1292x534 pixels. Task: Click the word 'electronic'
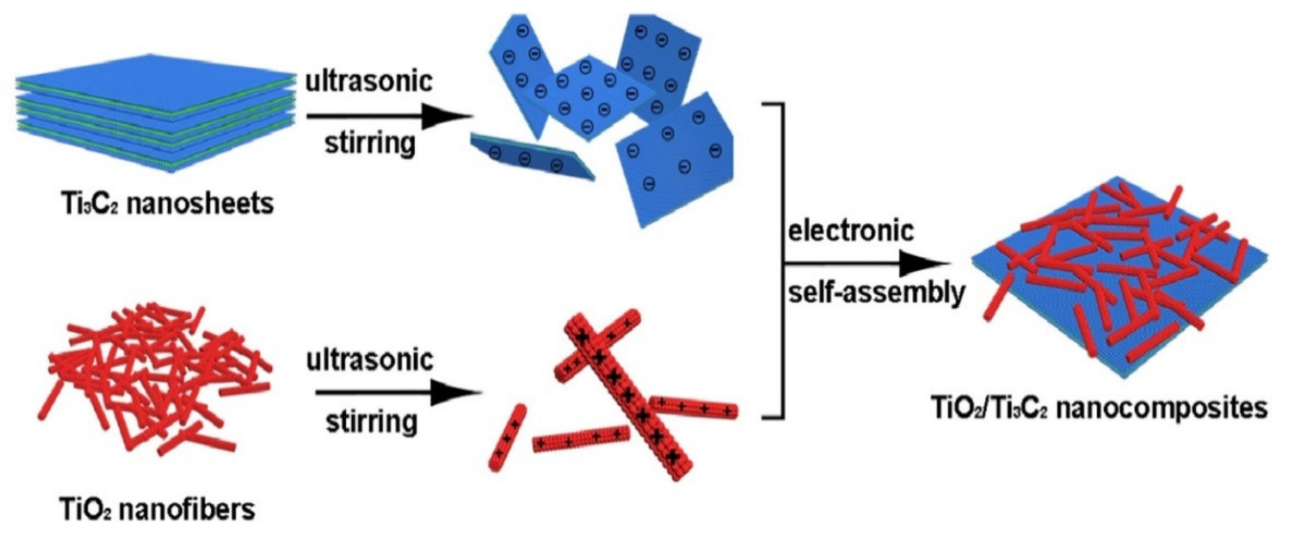click(851, 231)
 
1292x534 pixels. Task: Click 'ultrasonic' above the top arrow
click(369, 81)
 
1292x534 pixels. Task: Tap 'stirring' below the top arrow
click(370, 143)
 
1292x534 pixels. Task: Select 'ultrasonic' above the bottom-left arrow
click(370, 359)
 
